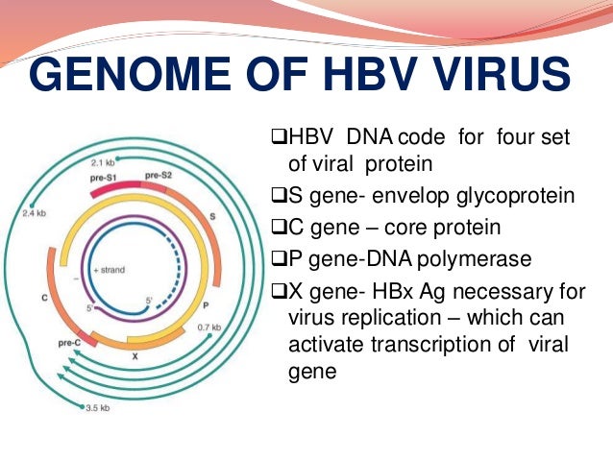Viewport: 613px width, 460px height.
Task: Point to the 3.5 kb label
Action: click(97, 407)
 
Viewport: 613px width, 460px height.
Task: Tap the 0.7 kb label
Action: click(236, 327)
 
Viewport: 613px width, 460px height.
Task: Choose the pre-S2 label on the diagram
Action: click(159, 177)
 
